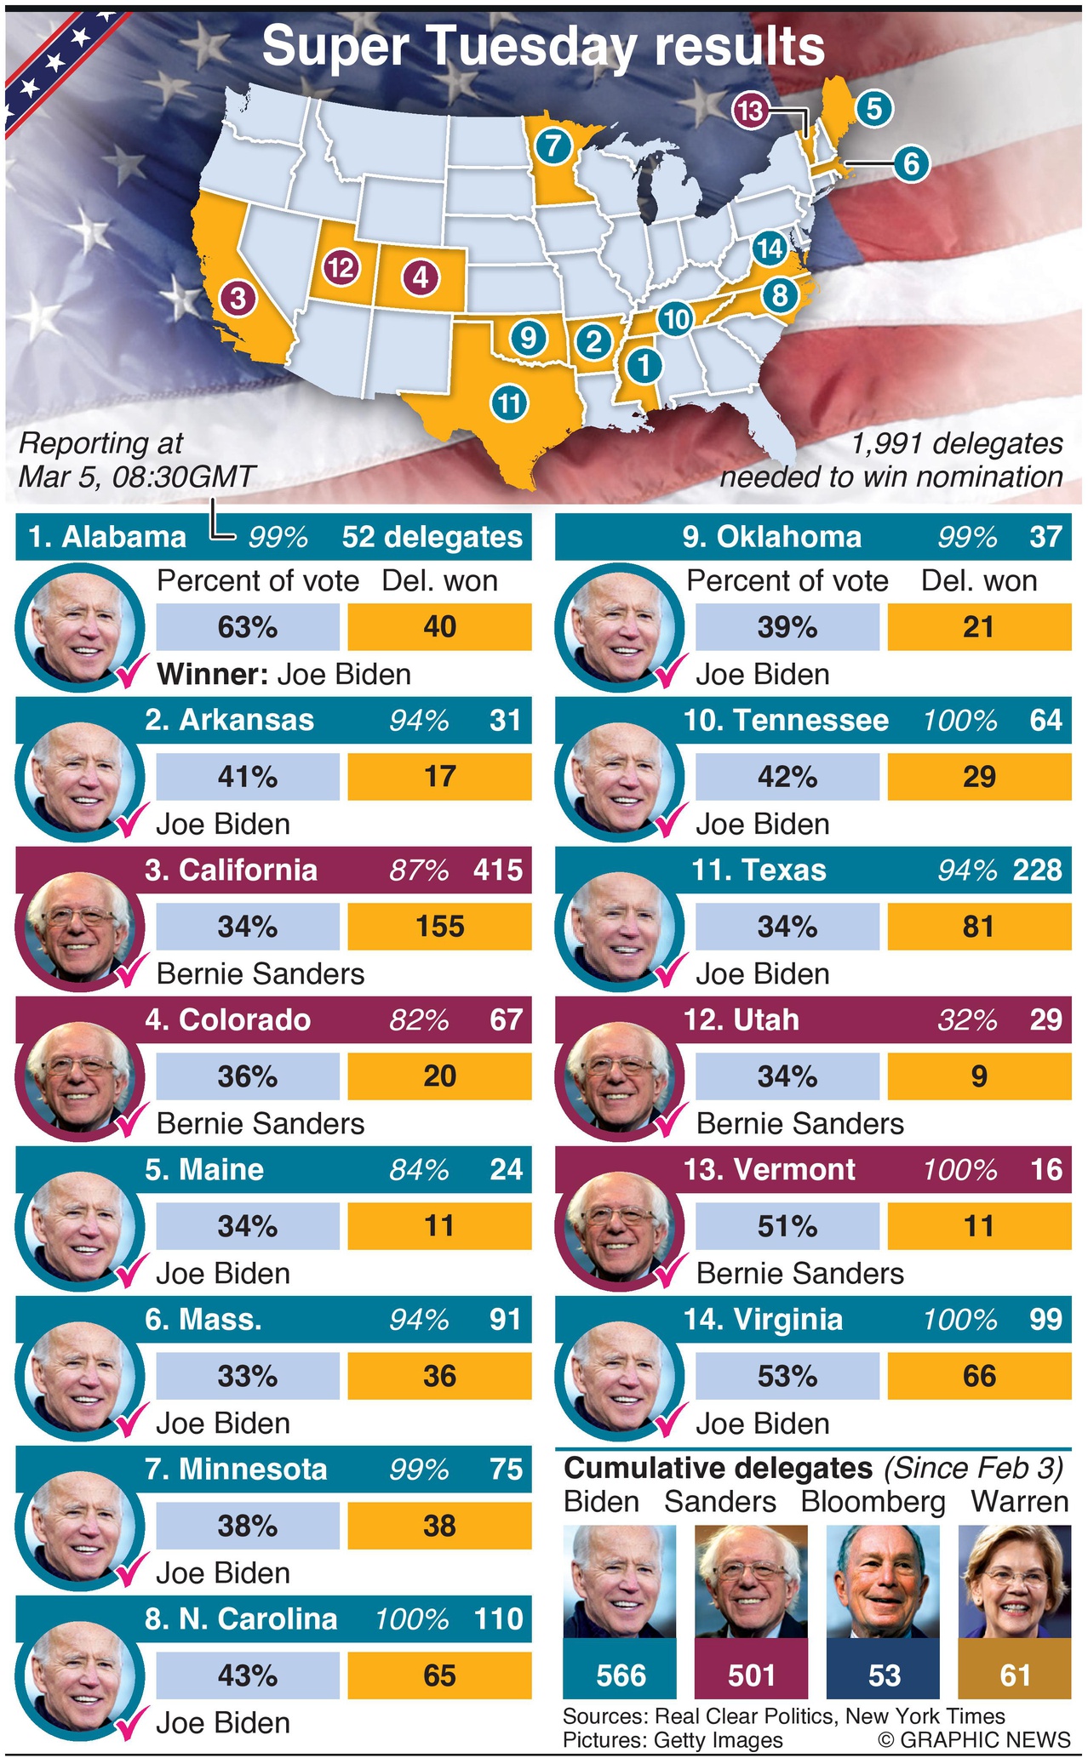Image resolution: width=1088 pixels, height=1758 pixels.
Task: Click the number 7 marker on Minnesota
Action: (x=553, y=146)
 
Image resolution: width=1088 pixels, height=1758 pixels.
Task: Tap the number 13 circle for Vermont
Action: (x=750, y=110)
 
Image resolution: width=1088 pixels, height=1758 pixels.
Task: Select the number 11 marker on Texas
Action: (x=509, y=402)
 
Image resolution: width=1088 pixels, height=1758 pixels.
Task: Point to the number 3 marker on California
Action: (x=239, y=298)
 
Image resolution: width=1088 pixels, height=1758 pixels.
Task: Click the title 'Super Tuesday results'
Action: (x=543, y=46)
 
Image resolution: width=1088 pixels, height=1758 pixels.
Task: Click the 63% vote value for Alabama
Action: (x=248, y=627)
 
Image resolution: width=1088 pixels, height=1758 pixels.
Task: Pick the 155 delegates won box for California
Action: (x=439, y=926)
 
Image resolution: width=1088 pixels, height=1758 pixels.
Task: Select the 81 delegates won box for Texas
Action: (x=979, y=926)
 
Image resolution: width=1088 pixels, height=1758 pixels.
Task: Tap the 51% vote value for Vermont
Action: (x=787, y=1226)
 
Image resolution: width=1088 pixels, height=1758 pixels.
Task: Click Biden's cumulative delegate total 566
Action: (x=621, y=1675)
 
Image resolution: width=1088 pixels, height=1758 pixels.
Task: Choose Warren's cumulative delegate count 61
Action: (x=1015, y=1675)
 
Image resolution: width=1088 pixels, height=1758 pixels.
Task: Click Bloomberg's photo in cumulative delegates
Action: (x=883, y=1581)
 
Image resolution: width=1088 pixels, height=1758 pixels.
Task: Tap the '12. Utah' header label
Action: (x=741, y=1019)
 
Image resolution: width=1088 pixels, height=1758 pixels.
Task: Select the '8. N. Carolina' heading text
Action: (x=241, y=1618)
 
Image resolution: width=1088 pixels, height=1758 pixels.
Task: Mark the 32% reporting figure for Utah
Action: (x=967, y=1019)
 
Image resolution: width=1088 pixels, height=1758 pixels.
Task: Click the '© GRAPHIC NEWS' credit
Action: (x=974, y=1739)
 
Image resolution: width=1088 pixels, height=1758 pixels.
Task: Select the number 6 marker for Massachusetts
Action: (x=911, y=163)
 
